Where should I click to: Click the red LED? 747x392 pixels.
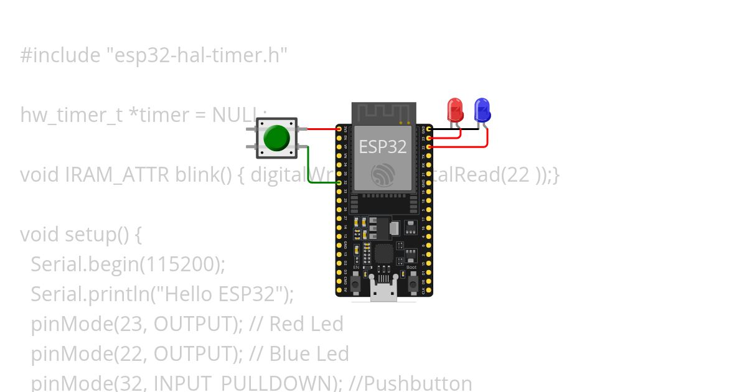coord(456,110)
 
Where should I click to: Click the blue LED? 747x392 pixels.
coord(482,110)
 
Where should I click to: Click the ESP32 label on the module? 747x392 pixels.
coord(383,146)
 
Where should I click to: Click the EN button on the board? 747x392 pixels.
coord(355,282)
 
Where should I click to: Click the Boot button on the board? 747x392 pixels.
coord(411,282)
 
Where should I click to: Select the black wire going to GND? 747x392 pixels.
coord(454,129)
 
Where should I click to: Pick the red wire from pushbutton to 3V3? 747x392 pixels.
coord(322,129)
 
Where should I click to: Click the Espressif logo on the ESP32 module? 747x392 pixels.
coord(383,175)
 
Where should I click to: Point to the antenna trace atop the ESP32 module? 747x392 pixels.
coord(383,113)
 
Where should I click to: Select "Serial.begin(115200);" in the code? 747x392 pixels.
coord(128,264)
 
